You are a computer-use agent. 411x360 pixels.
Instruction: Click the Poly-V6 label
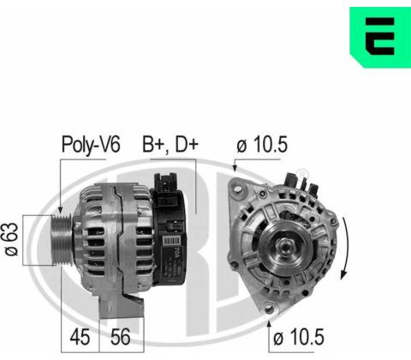coord(91,145)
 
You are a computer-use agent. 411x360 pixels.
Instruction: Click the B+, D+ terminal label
coord(170,144)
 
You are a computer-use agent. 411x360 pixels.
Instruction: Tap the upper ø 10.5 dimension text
coord(262,144)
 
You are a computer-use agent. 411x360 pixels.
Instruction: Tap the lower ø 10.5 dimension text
coord(299,337)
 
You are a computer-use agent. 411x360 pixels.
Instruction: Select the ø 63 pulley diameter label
coord(12,239)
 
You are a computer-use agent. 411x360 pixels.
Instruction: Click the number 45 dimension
coord(80,337)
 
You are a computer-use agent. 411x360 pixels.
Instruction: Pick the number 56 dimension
coord(121,337)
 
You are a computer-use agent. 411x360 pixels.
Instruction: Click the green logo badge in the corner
coord(380,37)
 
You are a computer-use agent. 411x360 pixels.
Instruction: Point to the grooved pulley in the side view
coord(62,240)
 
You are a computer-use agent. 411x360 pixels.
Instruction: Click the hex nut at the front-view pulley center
coord(285,246)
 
